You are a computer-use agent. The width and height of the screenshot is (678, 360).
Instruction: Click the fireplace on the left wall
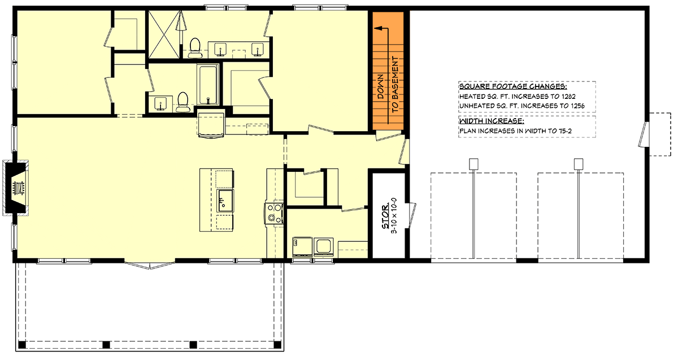(x=18, y=188)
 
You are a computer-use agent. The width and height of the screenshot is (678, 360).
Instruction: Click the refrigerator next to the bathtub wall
(x=211, y=124)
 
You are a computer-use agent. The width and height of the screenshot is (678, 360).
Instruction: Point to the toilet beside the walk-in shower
(x=195, y=47)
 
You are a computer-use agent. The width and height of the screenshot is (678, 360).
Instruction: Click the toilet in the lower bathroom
(x=182, y=102)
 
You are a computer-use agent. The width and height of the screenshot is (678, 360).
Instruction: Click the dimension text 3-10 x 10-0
(x=394, y=215)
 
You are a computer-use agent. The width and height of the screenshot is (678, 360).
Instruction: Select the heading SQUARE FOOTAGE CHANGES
(x=513, y=88)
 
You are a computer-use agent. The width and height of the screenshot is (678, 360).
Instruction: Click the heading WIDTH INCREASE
(x=491, y=122)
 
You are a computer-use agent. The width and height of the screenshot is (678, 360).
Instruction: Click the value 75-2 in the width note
(x=569, y=131)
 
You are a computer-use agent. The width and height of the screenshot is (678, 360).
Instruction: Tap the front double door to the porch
(x=149, y=264)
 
